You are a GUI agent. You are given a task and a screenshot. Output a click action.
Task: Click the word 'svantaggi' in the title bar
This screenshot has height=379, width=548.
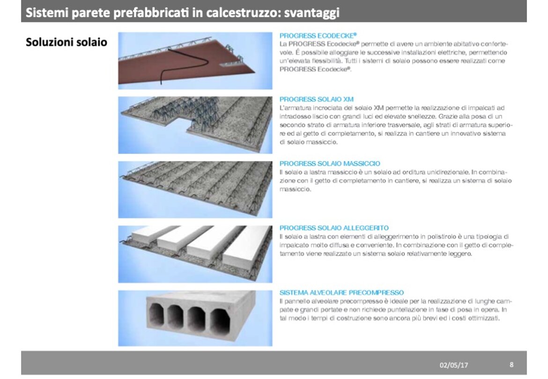[312, 13]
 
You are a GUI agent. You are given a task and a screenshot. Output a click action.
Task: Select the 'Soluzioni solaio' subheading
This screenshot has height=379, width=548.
[67, 42]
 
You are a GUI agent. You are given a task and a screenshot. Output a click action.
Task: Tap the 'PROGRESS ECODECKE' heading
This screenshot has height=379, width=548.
[318, 35]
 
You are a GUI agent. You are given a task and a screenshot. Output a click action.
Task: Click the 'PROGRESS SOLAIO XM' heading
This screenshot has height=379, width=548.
[316, 99]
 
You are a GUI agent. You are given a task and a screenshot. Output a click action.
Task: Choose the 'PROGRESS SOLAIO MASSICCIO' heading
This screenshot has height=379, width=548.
[330, 163]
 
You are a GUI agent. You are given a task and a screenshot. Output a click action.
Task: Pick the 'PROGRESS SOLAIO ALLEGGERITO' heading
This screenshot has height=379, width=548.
[334, 228]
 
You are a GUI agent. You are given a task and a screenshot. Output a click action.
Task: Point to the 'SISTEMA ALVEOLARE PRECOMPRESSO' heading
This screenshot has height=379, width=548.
[341, 292]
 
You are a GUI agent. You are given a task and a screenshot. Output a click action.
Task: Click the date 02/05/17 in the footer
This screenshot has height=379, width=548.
[454, 365]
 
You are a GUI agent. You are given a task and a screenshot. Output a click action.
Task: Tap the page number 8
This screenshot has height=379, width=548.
[511, 364]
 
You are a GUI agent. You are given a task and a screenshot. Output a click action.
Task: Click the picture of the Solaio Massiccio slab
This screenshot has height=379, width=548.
[195, 189]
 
